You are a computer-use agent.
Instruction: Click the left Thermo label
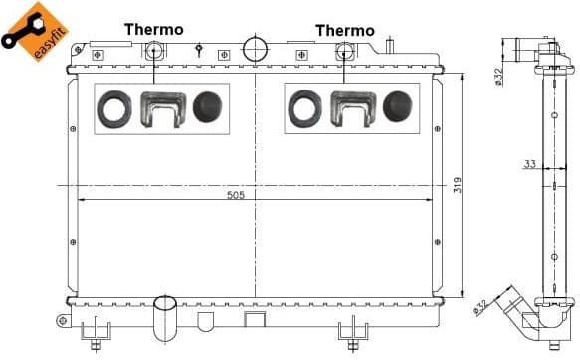tap(153, 29)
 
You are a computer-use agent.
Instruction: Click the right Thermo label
tap(344, 31)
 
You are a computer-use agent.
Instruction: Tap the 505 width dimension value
tap(235, 195)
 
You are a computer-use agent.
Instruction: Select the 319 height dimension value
tap(457, 185)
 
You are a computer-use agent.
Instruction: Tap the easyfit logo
tap(27, 30)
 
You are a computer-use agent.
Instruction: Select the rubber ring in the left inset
tap(113, 107)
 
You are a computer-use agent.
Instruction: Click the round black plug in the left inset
tap(207, 107)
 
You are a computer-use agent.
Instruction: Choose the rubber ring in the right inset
tap(304, 107)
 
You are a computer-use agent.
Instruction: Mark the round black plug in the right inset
tap(397, 106)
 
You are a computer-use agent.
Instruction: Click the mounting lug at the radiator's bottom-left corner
tap(63, 321)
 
